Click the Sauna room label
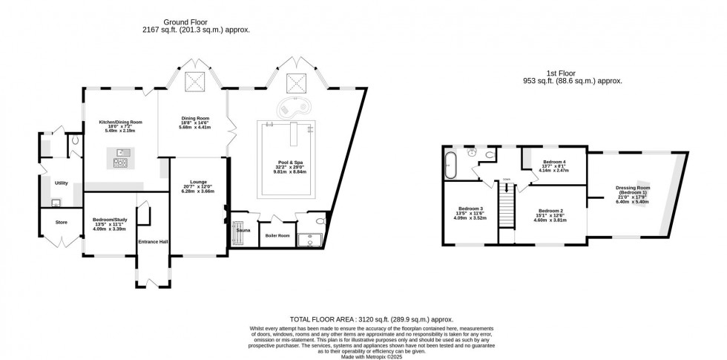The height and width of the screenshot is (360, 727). (x=243, y=231)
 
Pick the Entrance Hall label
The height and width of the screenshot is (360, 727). (x=153, y=241)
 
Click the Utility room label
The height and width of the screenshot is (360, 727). (x=61, y=182)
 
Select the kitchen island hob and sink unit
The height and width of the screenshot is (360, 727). (x=121, y=157)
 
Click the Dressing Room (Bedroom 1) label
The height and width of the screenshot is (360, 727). (x=632, y=190)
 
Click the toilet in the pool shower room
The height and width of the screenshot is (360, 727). (x=320, y=221)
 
